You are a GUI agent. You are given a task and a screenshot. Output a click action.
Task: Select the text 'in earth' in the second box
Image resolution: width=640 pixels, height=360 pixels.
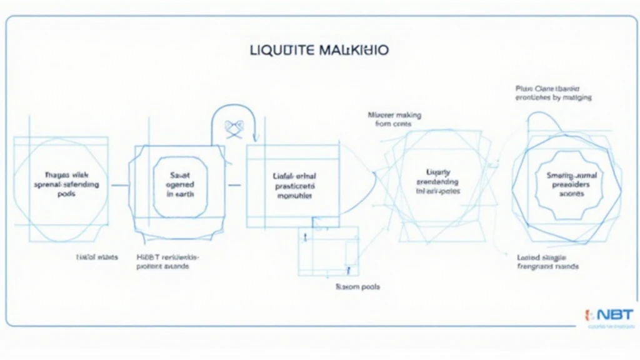(181, 194)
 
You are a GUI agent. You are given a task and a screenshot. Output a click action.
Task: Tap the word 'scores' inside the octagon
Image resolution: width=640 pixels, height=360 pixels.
(571, 194)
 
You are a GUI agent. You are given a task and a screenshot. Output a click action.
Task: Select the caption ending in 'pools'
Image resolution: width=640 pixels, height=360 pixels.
(358, 286)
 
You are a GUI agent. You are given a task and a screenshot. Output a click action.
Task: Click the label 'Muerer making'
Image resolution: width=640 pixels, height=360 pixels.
(394, 115)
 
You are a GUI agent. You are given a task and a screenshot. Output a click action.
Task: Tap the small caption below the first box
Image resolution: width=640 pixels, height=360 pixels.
(97, 257)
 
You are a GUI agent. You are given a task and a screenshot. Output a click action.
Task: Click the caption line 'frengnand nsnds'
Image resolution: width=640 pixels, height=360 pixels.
(547, 266)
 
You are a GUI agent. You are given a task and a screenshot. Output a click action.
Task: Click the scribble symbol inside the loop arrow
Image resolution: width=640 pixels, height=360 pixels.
(234, 127)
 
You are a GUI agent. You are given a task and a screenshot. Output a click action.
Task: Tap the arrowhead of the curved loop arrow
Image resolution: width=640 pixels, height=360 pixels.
(255, 139)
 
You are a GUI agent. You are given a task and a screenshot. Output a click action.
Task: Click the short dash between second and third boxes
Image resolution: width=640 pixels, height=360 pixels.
(235, 185)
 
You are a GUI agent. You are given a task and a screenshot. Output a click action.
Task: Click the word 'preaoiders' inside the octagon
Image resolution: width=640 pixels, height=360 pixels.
(571, 185)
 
